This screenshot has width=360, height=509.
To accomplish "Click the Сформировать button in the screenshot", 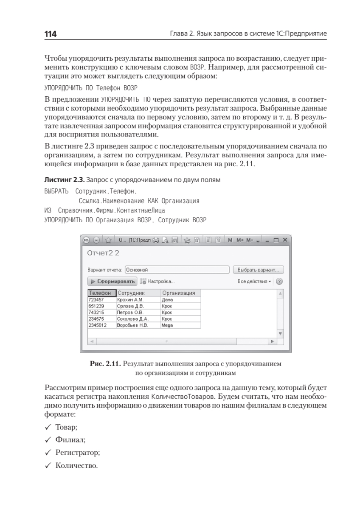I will (112, 281).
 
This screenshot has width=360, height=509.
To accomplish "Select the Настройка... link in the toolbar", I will (157, 281).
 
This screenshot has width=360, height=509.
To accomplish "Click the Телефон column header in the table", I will (101, 293).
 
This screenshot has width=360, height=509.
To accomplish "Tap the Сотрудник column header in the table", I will (132, 293).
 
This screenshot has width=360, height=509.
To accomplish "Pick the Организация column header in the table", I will (179, 293).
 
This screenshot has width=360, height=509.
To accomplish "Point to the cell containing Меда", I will (168, 325).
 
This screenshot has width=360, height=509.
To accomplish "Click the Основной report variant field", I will (177, 270).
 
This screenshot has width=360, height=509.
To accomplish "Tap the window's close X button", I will (285, 240).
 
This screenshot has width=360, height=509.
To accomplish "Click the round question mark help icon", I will (280, 281).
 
